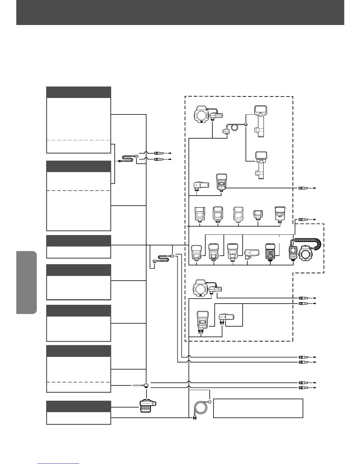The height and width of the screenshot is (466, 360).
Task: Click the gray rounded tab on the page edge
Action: click(x=27, y=282)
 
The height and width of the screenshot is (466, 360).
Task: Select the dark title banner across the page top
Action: click(x=180, y=12)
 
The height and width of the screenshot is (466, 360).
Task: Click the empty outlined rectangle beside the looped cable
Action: click(x=258, y=408)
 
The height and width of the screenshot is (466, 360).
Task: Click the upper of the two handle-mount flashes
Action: click(x=259, y=121)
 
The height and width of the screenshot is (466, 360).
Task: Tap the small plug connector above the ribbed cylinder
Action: click(x=146, y=385)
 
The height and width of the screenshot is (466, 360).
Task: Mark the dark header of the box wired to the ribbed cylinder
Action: click(x=79, y=406)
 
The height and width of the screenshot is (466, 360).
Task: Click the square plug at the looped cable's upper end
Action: click(x=210, y=402)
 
